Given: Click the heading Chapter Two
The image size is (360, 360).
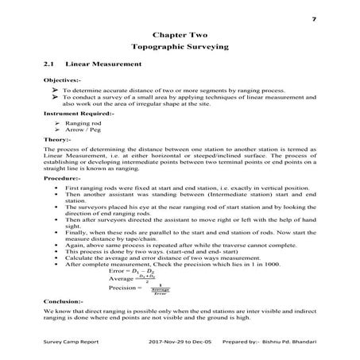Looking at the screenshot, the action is pyautogui.click(x=180, y=35).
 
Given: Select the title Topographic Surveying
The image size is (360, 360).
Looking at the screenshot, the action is pyautogui.click(x=180, y=48).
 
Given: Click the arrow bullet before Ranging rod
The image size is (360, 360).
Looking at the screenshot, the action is pyautogui.click(x=57, y=124).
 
